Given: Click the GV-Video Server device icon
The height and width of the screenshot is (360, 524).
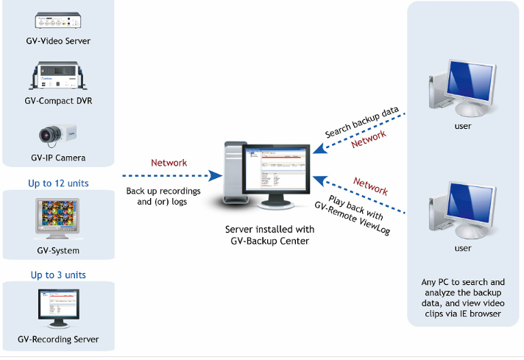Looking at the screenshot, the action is (58, 21).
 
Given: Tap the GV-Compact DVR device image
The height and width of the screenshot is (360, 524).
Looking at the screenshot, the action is (58, 76).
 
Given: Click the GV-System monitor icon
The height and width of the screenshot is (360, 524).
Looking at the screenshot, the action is (58, 219).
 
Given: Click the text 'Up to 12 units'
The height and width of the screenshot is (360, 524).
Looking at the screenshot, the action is (58, 183).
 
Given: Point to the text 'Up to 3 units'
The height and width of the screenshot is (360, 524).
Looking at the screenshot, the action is (58, 275).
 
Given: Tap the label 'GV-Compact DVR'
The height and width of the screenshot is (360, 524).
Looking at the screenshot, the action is (58, 101).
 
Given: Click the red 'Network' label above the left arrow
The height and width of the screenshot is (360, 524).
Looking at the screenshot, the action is (169, 163).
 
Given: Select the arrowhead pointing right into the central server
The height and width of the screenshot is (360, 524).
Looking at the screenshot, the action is (215, 176).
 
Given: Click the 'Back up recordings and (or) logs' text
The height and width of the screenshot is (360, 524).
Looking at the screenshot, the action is (163, 197).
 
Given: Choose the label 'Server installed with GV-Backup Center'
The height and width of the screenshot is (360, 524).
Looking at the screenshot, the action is (269, 235).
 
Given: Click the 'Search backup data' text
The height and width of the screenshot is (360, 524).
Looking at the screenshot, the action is (362, 122).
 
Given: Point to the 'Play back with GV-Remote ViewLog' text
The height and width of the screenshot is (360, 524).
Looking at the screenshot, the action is (353, 214).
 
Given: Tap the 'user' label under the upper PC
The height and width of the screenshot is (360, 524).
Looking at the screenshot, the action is (463, 126).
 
